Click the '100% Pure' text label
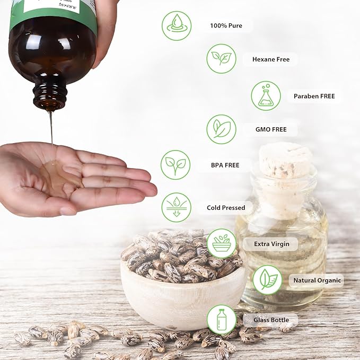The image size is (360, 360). click(x=226, y=25)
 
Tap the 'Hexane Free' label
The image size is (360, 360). click(x=270, y=59)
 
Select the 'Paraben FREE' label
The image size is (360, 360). click(x=314, y=96)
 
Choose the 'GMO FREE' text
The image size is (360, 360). click(x=271, y=129)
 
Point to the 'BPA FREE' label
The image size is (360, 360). click(x=225, y=165)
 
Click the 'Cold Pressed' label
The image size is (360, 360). click(x=226, y=208)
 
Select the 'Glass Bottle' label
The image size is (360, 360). click(x=270, y=320)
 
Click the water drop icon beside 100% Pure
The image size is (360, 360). click(x=177, y=25)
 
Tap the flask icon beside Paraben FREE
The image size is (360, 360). click(x=266, y=96)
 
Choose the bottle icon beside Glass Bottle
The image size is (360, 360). click(x=221, y=320)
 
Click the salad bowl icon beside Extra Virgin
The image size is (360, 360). click(x=221, y=243)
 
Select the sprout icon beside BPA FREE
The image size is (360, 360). click(x=175, y=165)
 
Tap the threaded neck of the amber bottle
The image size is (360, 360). click(x=50, y=95)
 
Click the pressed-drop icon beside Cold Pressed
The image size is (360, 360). click(x=176, y=207)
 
